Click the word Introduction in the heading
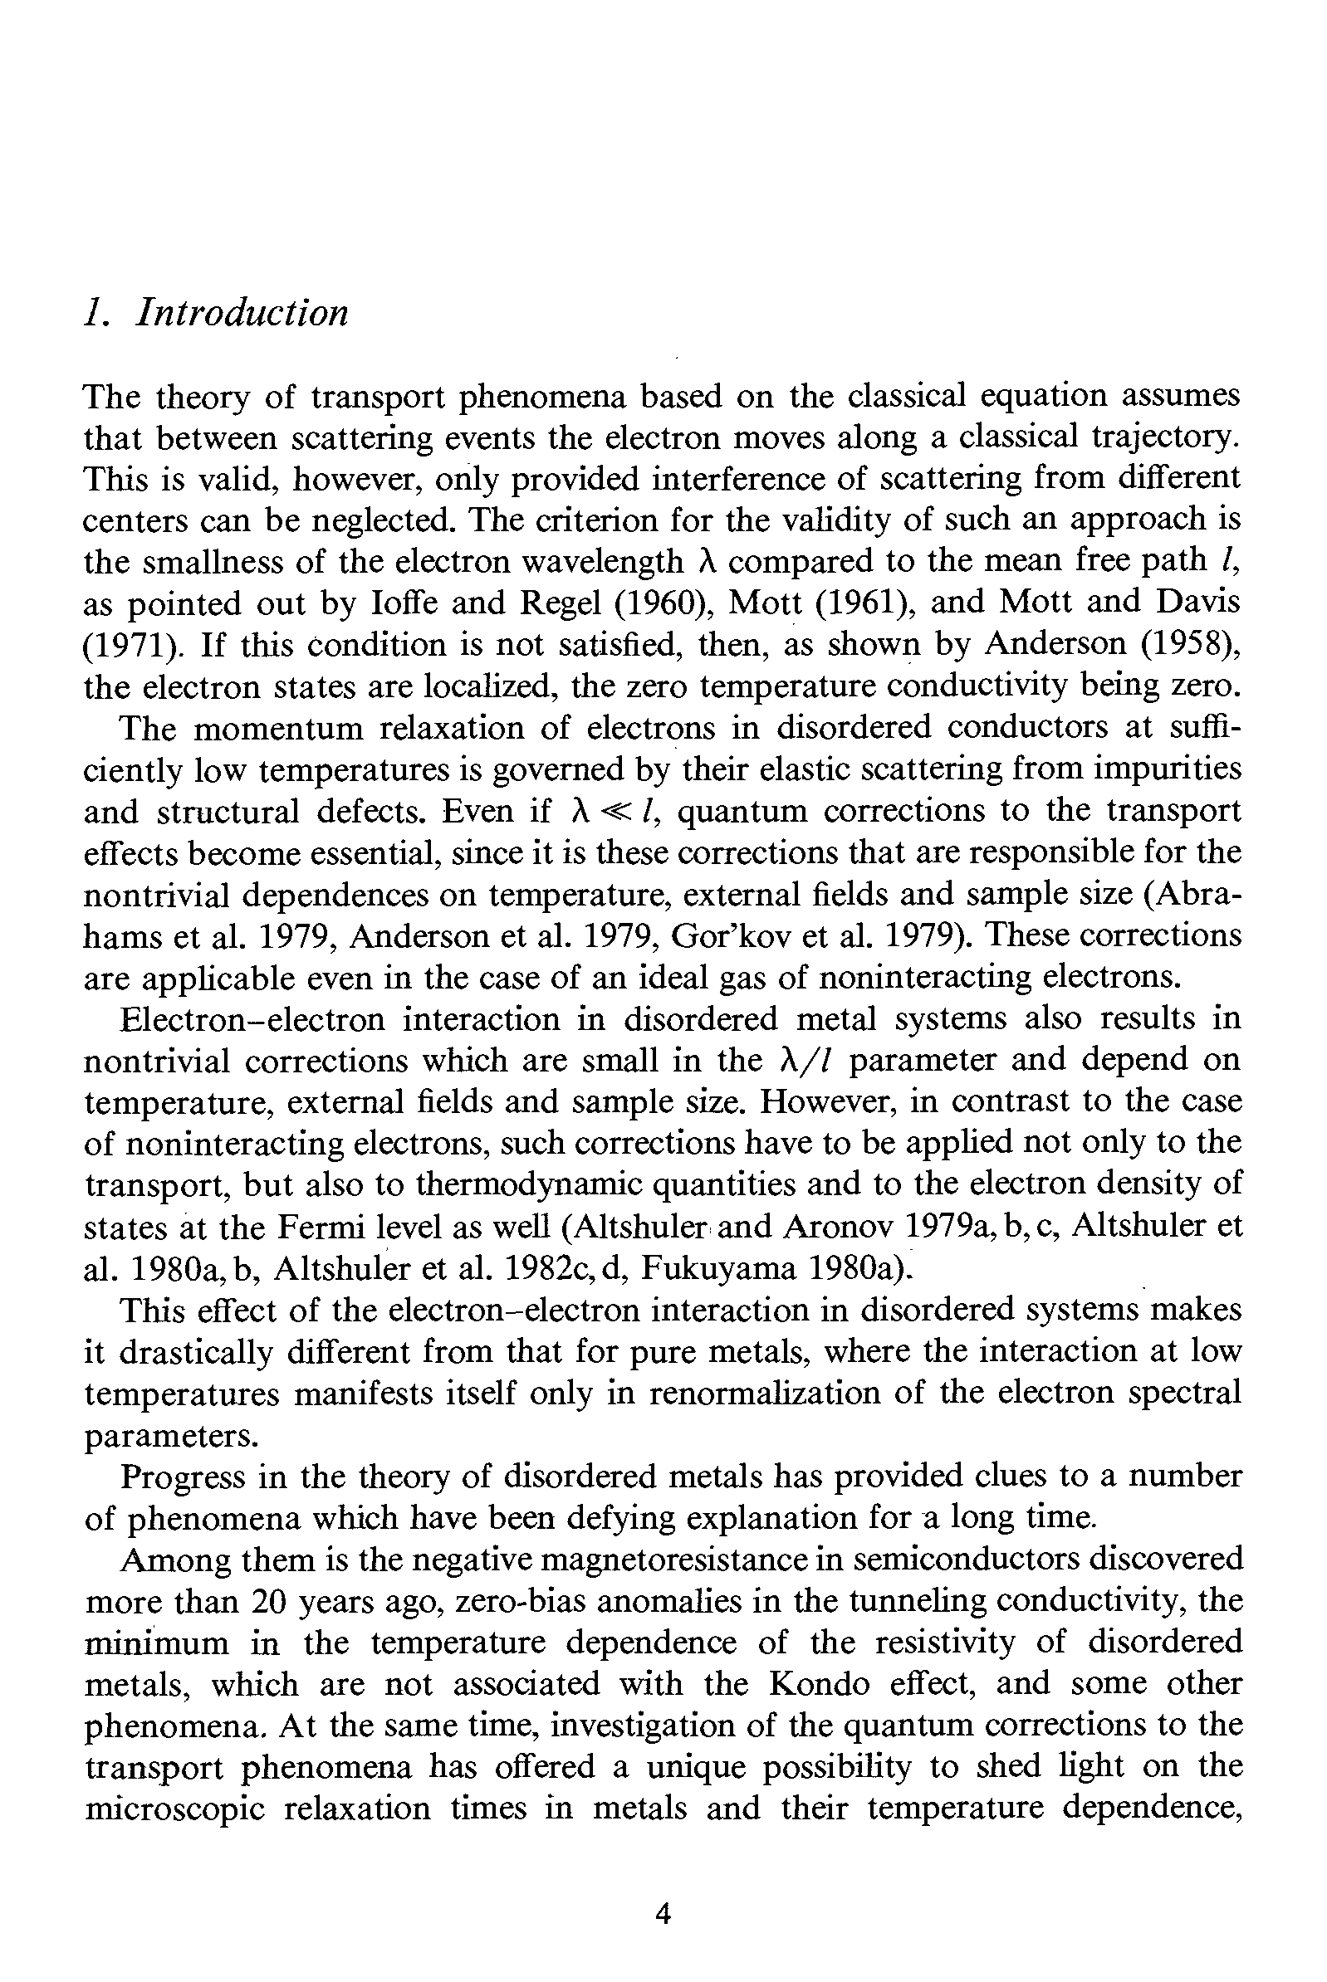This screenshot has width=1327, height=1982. click(x=242, y=314)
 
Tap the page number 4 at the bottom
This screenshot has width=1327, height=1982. click(x=663, y=1912)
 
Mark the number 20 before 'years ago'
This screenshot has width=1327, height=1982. click(x=270, y=1601)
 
